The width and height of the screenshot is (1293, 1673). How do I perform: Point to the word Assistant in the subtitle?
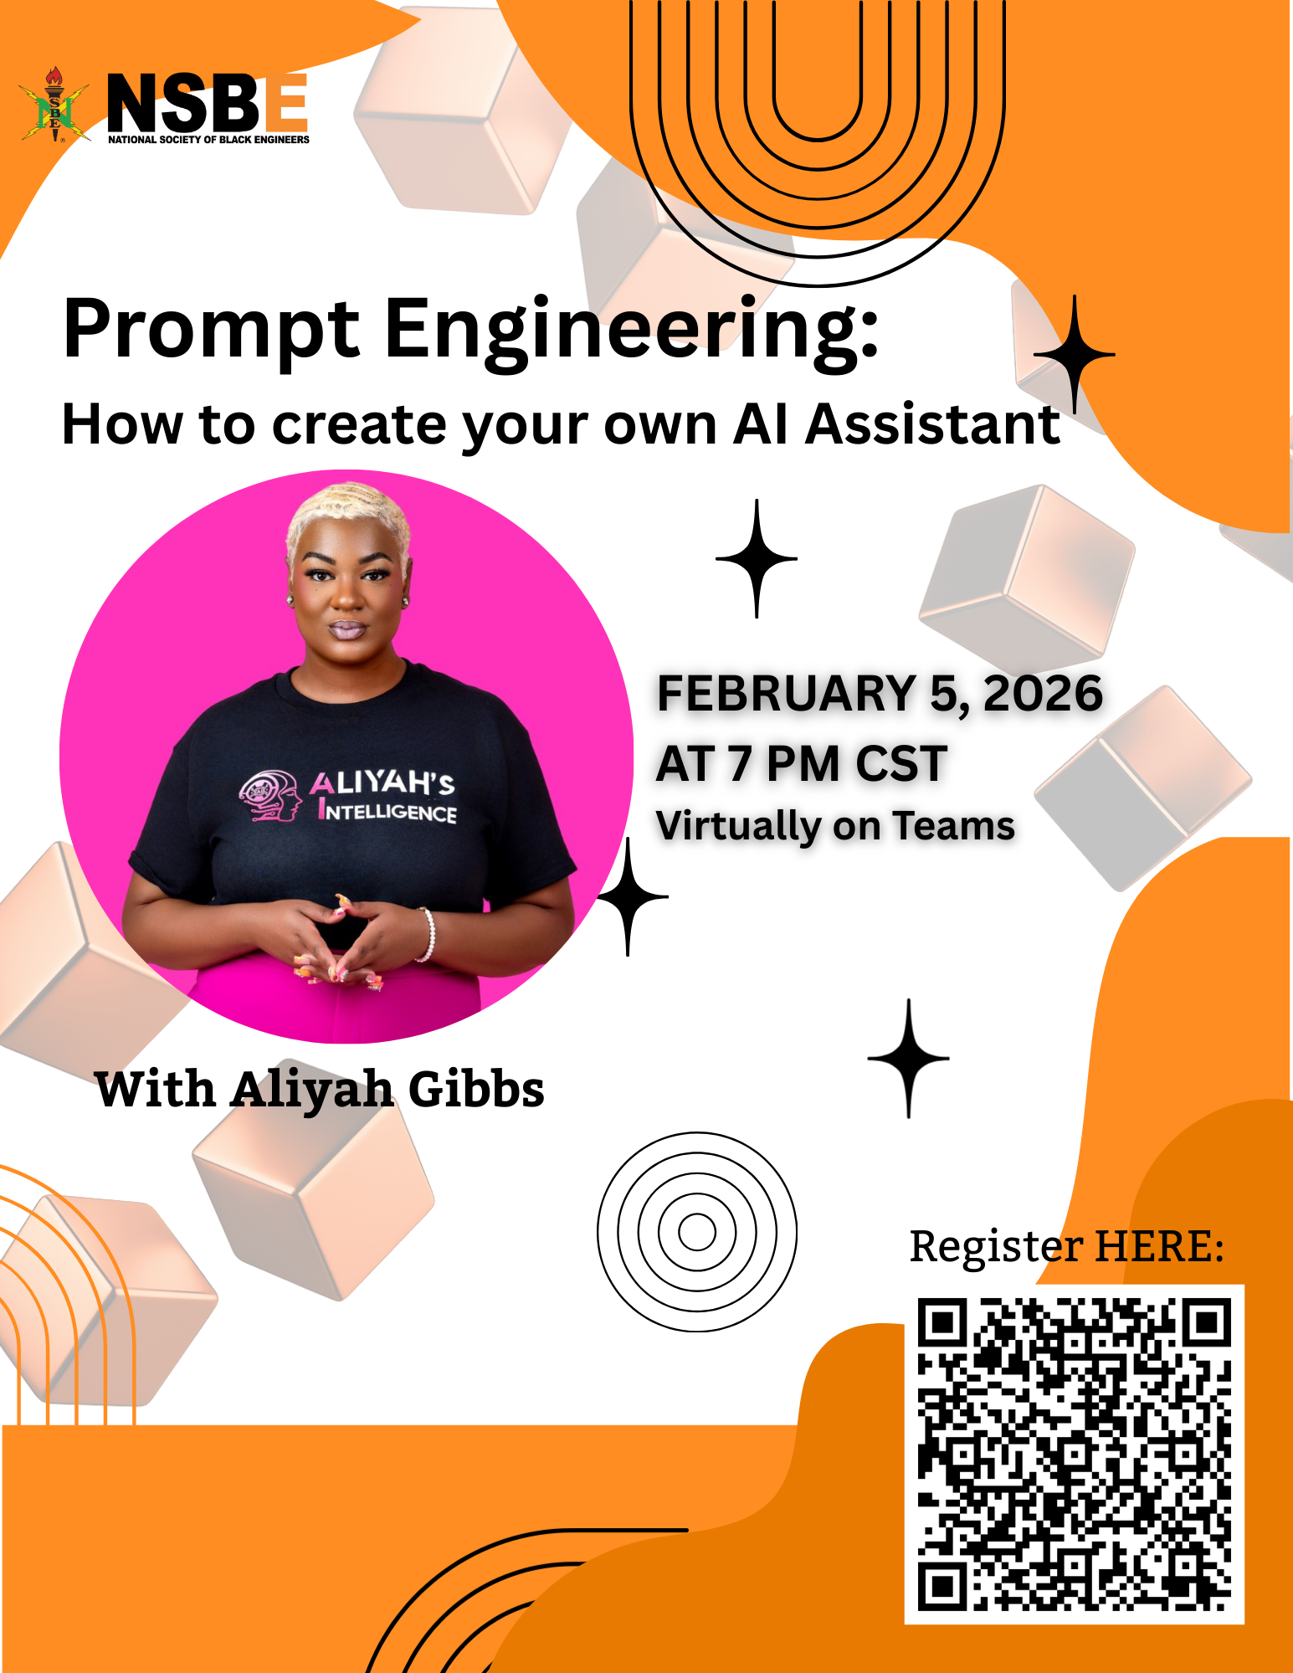point(933,424)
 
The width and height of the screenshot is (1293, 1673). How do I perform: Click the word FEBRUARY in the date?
point(787,694)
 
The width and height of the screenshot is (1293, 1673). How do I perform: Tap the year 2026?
point(1044,694)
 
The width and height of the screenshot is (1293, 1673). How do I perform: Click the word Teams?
point(954,826)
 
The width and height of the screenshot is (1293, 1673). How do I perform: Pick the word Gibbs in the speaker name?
point(476,1090)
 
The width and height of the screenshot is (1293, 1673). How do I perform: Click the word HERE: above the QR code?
point(1160,1246)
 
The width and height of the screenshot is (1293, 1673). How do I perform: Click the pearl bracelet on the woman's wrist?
point(428,934)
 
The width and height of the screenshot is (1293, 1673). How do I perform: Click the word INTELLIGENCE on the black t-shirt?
point(387,811)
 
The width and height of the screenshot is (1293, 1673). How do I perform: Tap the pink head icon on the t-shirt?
point(270,796)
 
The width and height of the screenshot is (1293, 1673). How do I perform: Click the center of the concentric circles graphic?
point(697,1232)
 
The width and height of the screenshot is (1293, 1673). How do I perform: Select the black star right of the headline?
point(1075,355)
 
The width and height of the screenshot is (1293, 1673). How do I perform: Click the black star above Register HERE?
point(909,1059)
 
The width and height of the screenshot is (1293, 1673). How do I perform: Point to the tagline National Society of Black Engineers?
point(208,140)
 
